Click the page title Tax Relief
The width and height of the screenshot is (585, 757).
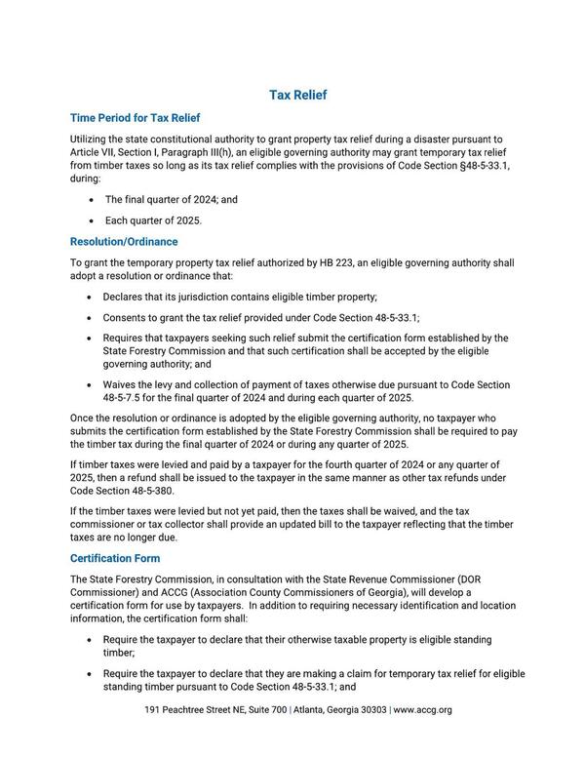click(297, 95)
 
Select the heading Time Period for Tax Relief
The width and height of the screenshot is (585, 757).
click(135, 118)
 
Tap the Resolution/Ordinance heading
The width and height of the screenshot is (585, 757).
click(124, 241)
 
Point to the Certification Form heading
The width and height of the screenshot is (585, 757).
click(115, 559)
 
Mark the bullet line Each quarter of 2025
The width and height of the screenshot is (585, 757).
click(153, 220)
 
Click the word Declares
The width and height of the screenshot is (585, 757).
click(125, 296)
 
